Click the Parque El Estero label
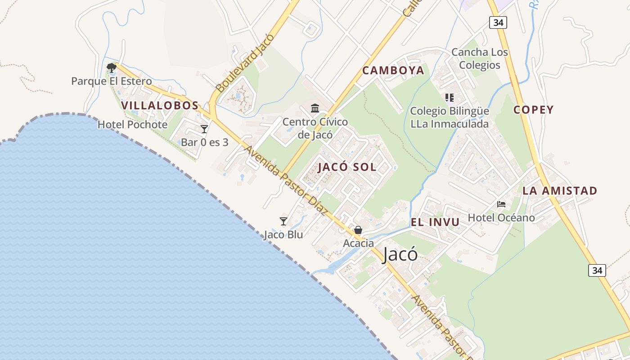[112, 81]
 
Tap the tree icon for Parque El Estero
[112, 68]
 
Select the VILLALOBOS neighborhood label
[160, 106]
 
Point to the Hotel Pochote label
[132, 125]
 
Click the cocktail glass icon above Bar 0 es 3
[204, 129]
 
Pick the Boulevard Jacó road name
[245, 63]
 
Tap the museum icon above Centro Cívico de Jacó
[315, 108]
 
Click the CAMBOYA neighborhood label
[393, 71]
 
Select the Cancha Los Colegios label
[480, 58]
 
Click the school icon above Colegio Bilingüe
[449, 97]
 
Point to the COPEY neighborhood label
[533, 110]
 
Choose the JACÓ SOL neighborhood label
[347, 167]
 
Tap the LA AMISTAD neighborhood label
[560, 191]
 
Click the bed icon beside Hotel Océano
[501, 204]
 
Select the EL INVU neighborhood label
[435, 222]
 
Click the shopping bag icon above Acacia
[358, 230]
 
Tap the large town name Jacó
[400, 255]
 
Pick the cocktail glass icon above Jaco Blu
[283, 221]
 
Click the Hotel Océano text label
[501, 218]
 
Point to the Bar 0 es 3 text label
[205, 143]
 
